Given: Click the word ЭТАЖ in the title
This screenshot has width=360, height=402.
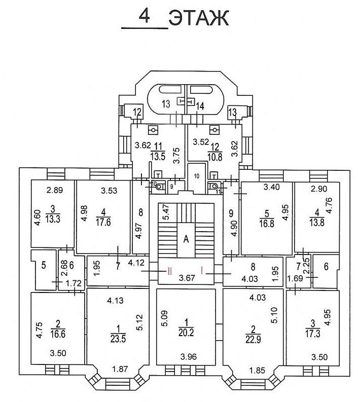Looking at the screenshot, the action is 199,18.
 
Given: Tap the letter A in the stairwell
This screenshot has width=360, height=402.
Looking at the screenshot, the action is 186,239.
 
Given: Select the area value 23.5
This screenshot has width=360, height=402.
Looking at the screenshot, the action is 118,339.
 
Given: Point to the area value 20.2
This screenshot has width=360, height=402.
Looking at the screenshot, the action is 186,333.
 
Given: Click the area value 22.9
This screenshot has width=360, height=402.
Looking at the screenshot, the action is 253,340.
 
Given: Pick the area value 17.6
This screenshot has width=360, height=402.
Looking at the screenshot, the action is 103,222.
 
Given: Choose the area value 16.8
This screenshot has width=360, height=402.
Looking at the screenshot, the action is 267,223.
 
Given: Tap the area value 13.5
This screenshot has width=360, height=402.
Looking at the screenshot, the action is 158,157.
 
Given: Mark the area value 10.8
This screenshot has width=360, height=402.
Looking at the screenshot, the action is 215,157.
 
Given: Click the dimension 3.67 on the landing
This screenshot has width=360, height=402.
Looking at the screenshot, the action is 187,278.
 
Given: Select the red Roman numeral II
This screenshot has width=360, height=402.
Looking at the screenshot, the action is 169,271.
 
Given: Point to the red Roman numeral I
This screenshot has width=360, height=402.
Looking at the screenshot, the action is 202,270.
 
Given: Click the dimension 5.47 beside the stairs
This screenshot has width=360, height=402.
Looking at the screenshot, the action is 167,212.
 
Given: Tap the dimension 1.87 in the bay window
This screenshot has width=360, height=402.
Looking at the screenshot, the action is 120,369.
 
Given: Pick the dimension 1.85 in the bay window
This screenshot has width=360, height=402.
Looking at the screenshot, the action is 257,371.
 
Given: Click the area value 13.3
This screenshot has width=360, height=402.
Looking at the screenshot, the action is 53,219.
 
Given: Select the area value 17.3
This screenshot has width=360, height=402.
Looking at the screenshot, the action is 313,334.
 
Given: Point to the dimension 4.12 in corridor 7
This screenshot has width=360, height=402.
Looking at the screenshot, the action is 136,263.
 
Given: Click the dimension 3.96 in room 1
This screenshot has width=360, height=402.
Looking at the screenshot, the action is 189,356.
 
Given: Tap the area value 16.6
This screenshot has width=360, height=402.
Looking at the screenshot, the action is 58,334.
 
